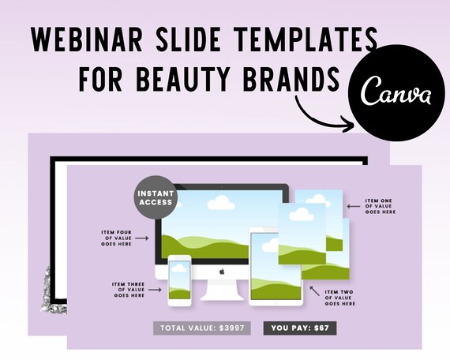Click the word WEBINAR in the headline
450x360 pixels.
[87, 39]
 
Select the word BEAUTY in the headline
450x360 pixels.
[183, 78]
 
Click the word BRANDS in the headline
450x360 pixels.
[291, 78]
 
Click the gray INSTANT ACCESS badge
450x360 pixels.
[156, 197]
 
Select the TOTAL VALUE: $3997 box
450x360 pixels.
[202, 328]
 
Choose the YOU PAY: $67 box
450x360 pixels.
[300, 328]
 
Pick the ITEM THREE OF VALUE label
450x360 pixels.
[129, 290]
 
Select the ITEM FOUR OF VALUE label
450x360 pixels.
[116, 238]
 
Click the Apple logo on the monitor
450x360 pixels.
[222, 272]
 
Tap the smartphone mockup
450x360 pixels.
[180, 280]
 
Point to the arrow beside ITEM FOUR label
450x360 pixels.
[142, 238]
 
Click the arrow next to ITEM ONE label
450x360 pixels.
[354, 206]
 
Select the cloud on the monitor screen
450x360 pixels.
[221, 202]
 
